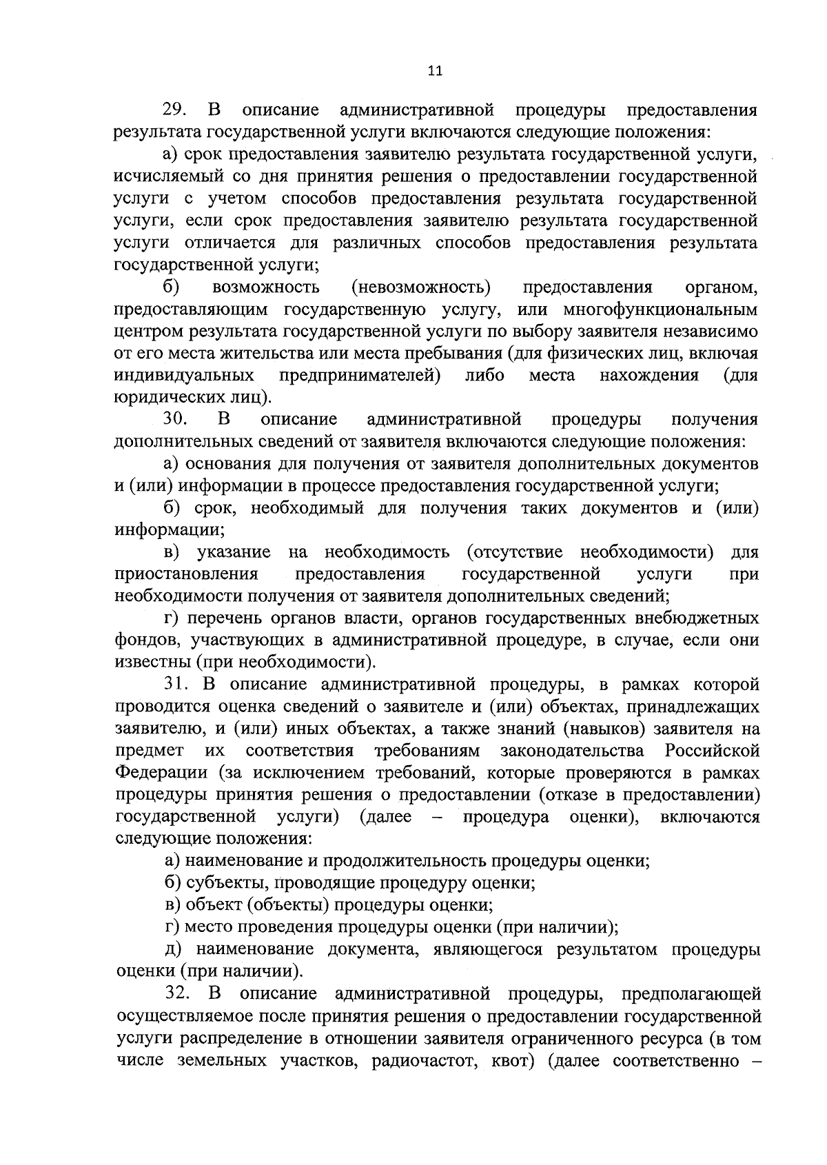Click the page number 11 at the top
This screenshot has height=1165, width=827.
tap(434, 70)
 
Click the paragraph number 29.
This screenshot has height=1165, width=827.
tap(173, 110)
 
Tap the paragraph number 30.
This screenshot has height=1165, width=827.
tap(173, 419)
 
